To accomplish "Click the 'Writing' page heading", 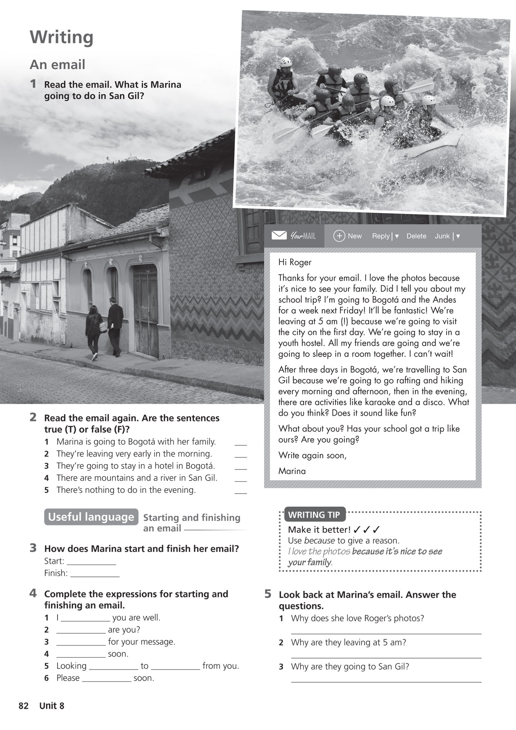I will pos(61,38).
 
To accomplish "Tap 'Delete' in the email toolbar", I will pos(416,236).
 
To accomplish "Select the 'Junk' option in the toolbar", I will pos(442,236).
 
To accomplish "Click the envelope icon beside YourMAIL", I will pos(279,236).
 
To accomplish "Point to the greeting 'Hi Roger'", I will pos(295,262).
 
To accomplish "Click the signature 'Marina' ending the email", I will pos(292,471).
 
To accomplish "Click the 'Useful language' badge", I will pos(91,517).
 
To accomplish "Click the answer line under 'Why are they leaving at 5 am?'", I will pos(386,657).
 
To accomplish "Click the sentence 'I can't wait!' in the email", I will pos(431,354).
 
